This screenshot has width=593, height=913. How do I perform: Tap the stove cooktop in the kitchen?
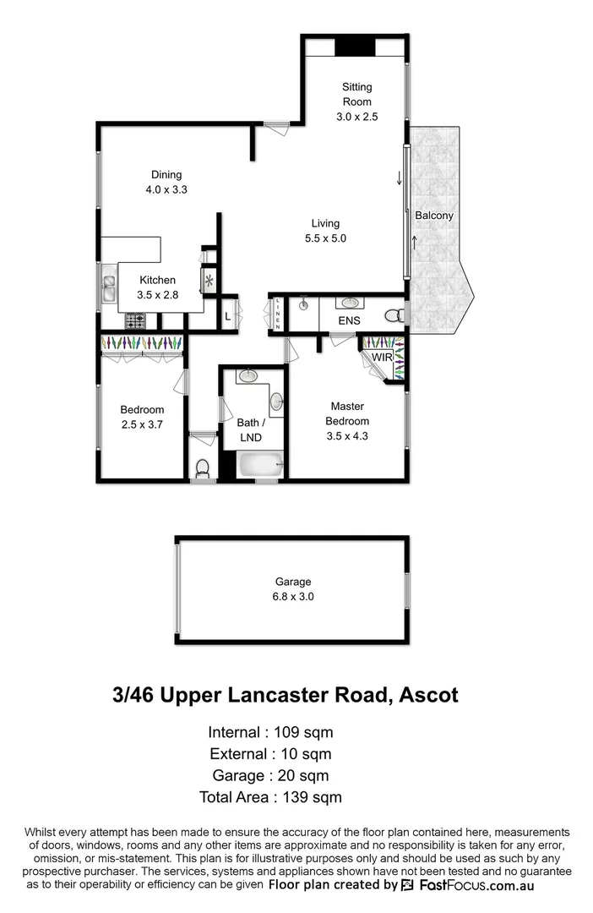[x=135, y=321]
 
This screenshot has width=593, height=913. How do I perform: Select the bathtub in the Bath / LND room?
[x=259, y=464]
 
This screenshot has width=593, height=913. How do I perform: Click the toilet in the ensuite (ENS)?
[x=394, y=315]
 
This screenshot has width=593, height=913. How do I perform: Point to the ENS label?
[x=349, y=320]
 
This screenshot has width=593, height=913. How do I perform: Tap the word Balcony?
[x=434, y=216]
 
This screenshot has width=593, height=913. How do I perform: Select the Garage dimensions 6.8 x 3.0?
[x=293, y=596]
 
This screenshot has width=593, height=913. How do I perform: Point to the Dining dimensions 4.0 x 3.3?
[x=166, y=190]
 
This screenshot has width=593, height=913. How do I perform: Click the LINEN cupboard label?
[x=277, y=314]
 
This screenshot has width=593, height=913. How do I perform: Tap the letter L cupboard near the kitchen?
[x=227, y=317]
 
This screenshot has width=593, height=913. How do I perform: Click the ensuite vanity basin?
[x=349, y=303]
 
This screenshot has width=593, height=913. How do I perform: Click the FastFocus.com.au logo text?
[x=474, y=885]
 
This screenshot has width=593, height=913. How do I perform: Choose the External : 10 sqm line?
[x=270, y=753]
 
